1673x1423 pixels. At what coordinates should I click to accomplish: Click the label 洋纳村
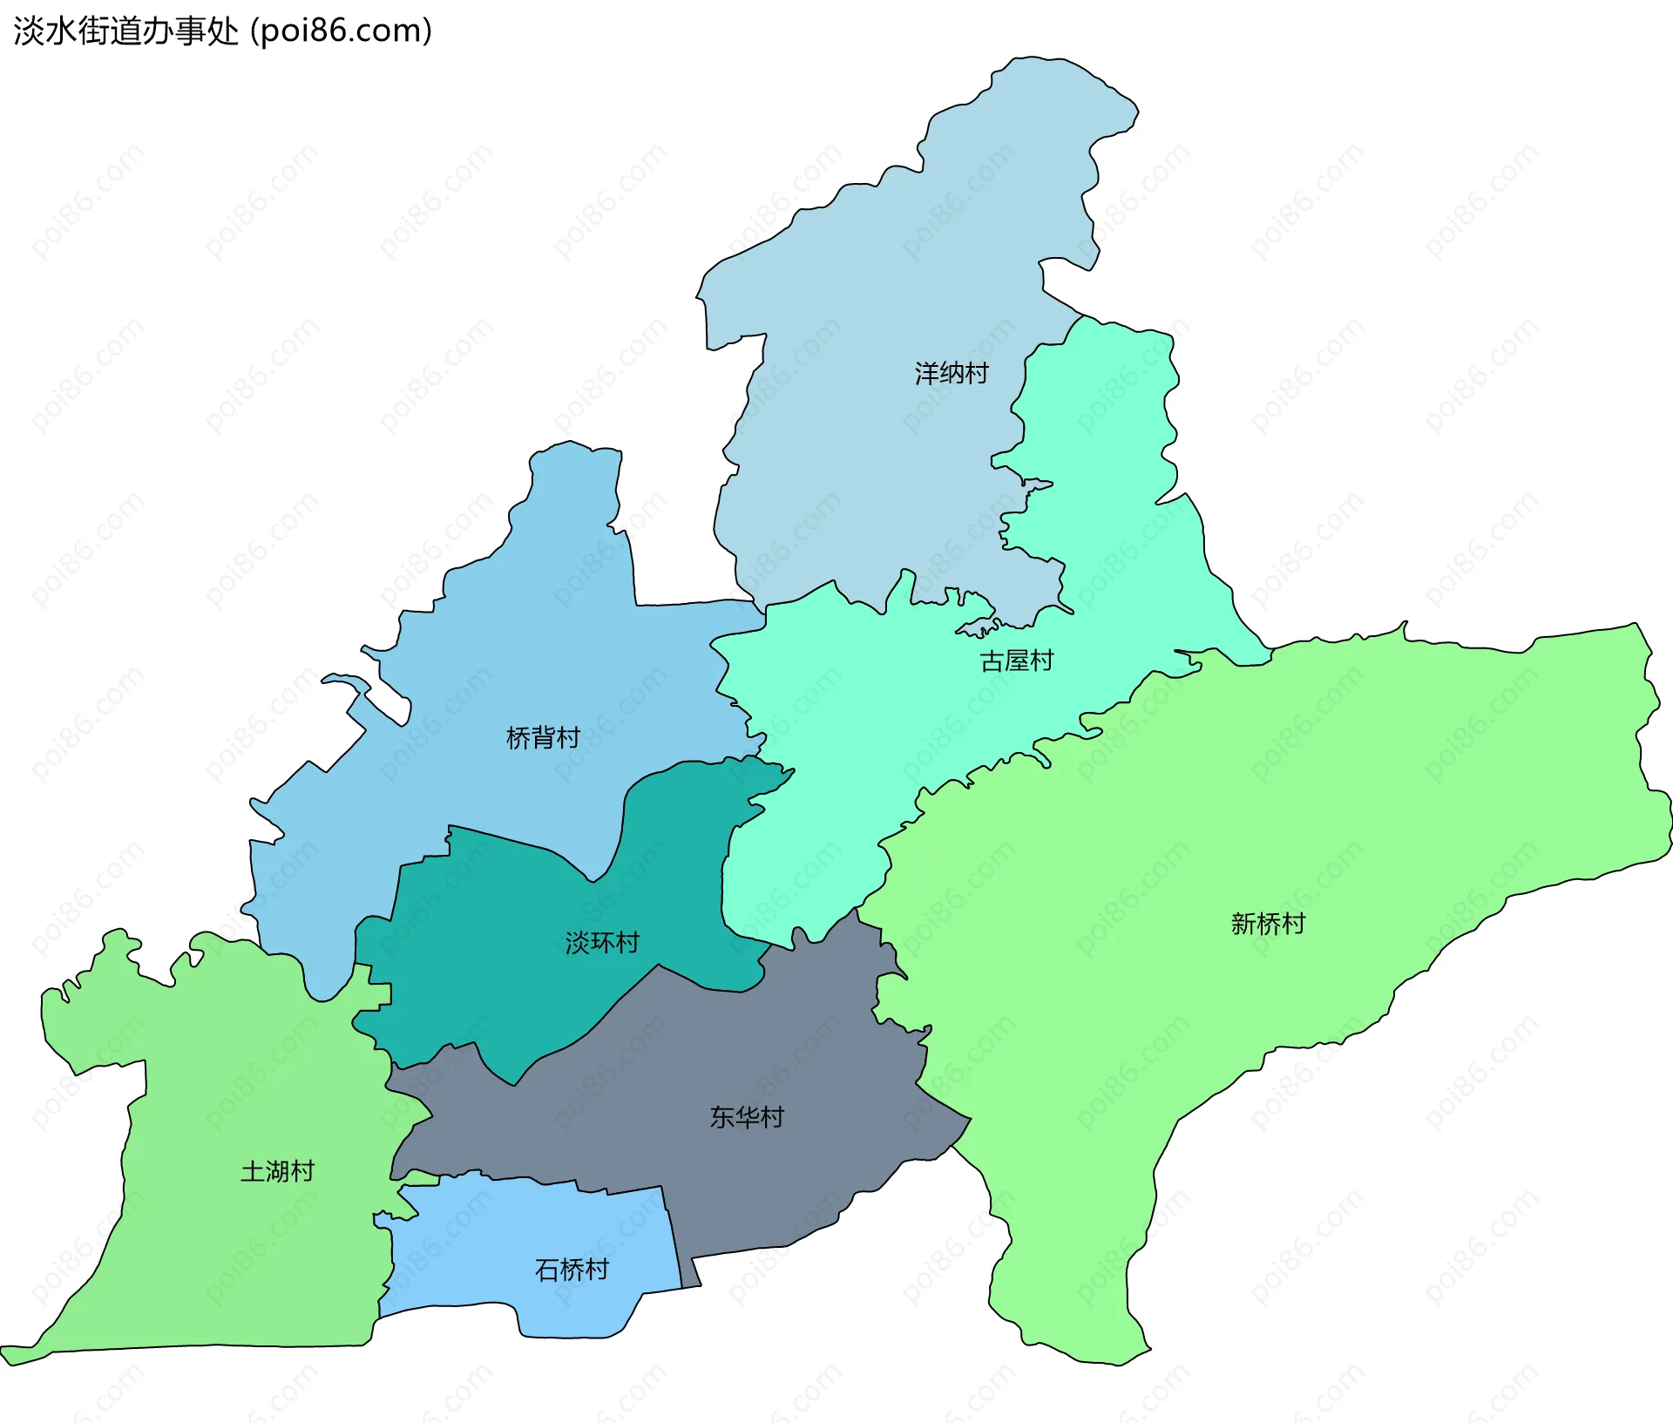coord(952,374)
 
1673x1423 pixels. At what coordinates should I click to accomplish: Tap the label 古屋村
coord(1017,661)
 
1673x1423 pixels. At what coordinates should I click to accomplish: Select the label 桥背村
coord(543,738)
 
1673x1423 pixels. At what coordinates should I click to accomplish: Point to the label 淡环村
coord(602,942)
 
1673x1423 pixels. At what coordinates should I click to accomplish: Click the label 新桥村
coord(1268,924)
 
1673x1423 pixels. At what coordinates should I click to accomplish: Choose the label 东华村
coord(747,1117)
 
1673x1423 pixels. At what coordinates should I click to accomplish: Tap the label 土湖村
coord(277,1171)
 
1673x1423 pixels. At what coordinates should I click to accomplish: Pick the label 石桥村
coord(572,1270)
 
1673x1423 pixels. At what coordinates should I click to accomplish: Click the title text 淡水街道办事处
coord(126,31)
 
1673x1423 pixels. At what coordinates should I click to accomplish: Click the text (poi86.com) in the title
coord(342,31)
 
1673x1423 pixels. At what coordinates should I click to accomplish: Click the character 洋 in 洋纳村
coord(927,374)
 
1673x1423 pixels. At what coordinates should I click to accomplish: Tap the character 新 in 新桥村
coord(1243,924)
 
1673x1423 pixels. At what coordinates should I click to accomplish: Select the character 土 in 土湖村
coord(253,1171)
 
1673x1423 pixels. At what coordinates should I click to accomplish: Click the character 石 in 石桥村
coord(547,1270)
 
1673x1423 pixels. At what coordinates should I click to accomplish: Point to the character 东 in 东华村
coord(722,1117)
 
